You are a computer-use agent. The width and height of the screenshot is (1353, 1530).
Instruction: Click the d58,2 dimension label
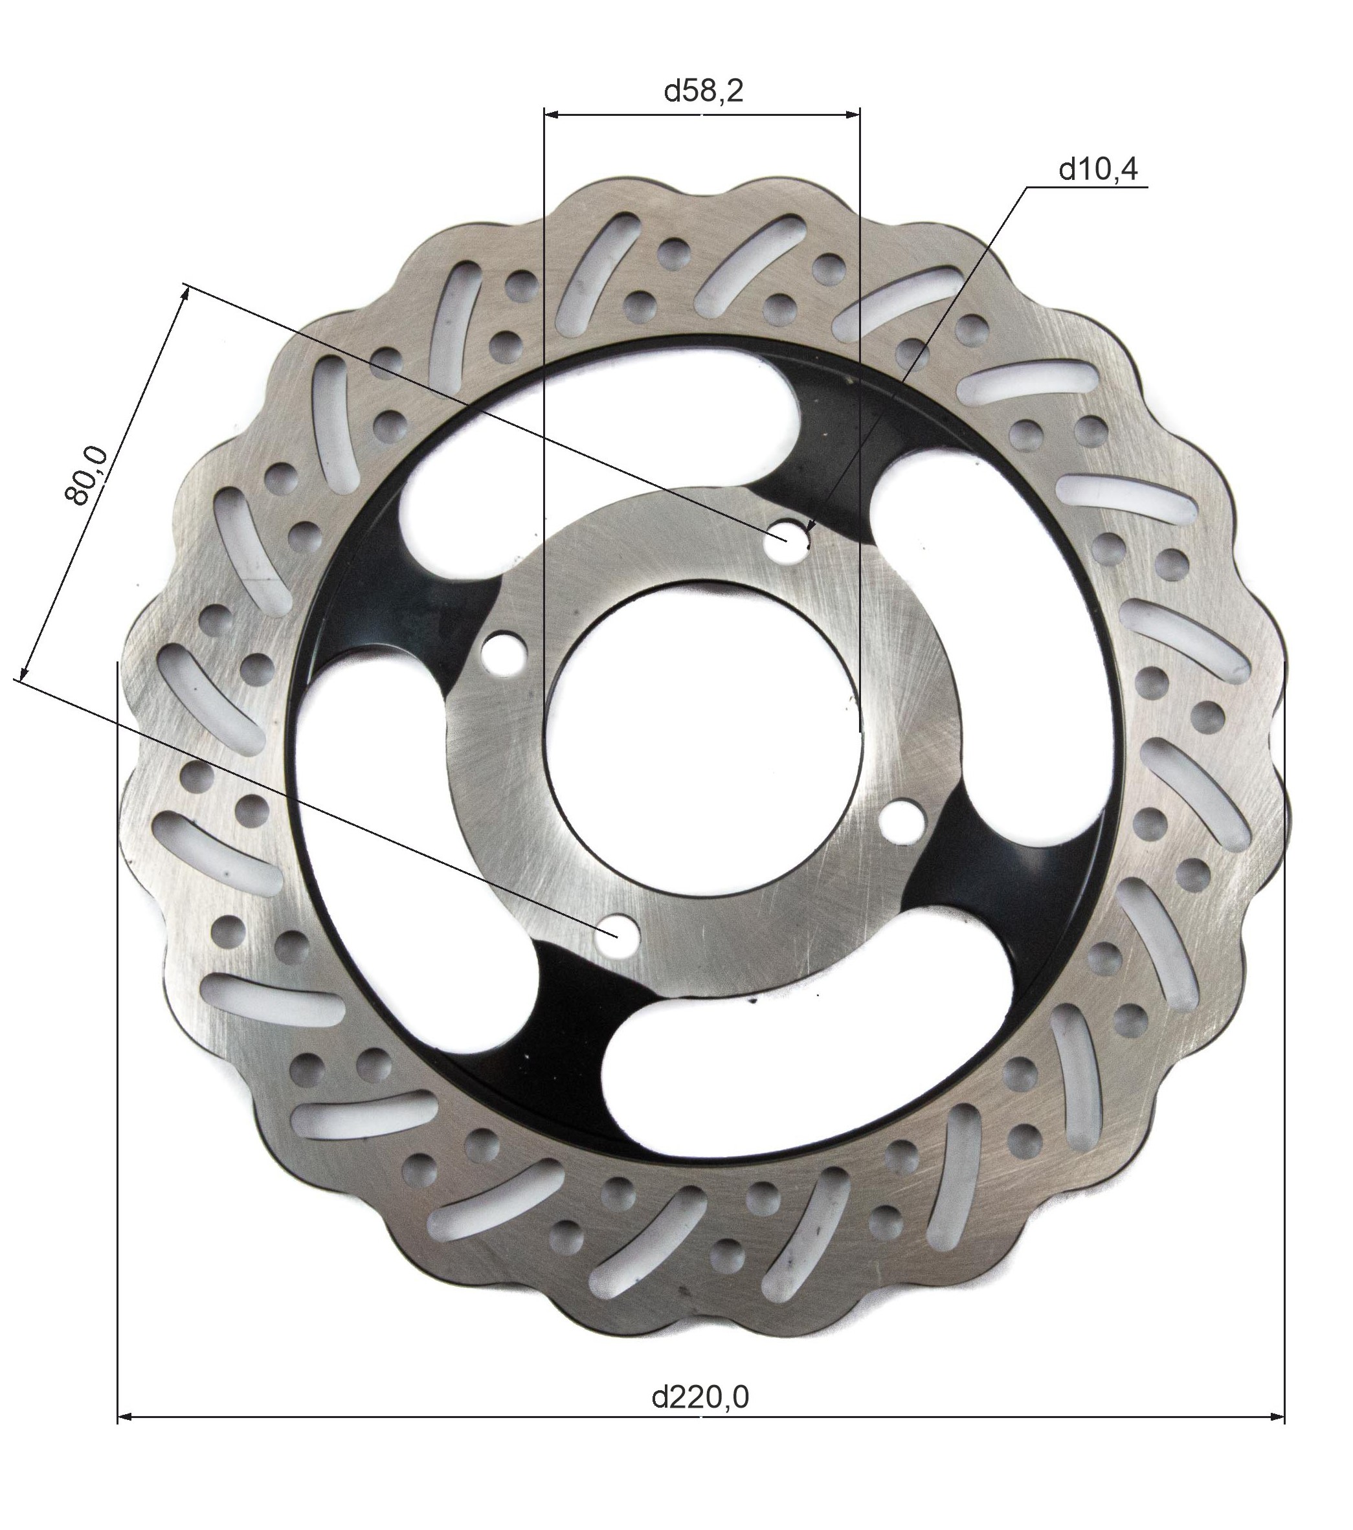pyautogui.click(x=703, y=91)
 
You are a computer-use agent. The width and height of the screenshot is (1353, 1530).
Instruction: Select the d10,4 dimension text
pyautogui.click(x=1098, y=170)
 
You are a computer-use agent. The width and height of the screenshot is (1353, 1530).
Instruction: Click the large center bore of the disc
pyautogui.click(x=704, y=737)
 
